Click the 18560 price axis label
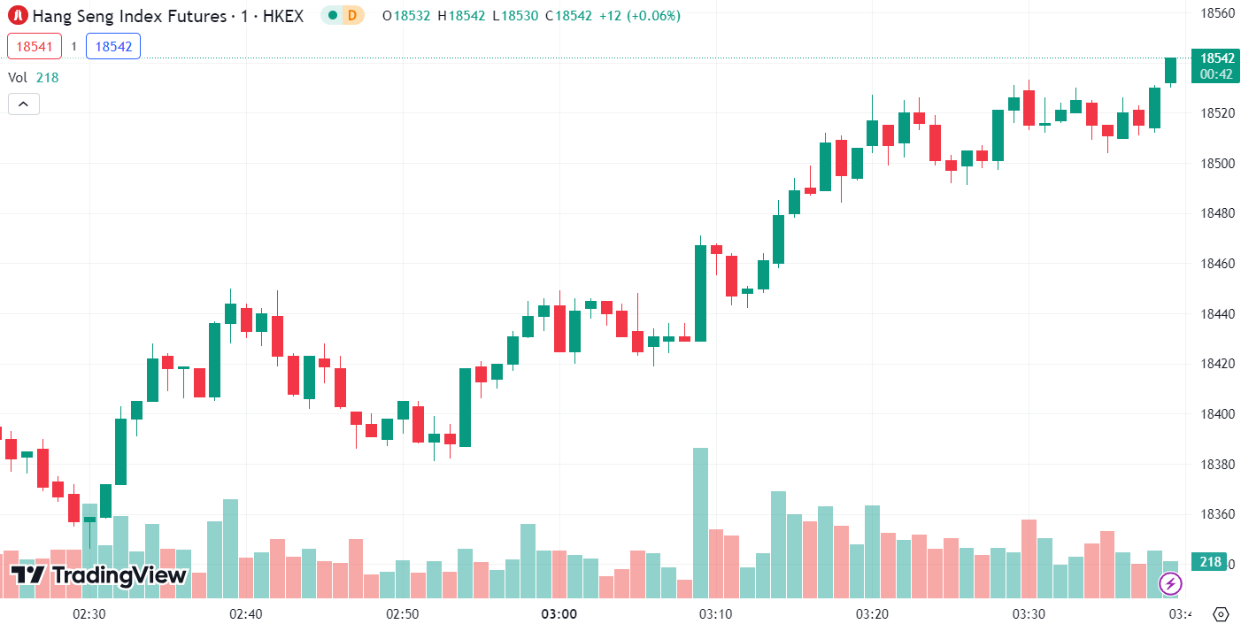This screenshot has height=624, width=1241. pos(1217,12)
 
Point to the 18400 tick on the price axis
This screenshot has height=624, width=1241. pos(1217,413)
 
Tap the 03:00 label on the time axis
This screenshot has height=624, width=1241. pos(559,613)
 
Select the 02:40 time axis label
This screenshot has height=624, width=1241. pos(245,613)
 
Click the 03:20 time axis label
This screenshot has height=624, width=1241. pos(872,613)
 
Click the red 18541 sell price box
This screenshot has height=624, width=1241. pos(35,46)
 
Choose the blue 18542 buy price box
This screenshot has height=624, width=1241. pos(113,46)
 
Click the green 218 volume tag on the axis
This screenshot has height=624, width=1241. pos(1209,562)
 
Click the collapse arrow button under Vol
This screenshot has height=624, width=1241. pos(23,104)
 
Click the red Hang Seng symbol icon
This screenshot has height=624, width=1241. pos(18,15)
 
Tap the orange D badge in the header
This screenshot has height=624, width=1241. pos(352,15)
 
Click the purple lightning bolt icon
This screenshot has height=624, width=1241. pos(1170,583)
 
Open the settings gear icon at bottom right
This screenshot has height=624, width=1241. pos(1221,613)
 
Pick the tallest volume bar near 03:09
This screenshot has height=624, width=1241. pos(700,522)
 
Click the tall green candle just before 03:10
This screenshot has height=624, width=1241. pos(700,293)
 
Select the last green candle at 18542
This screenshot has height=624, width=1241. pos(1170,71)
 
